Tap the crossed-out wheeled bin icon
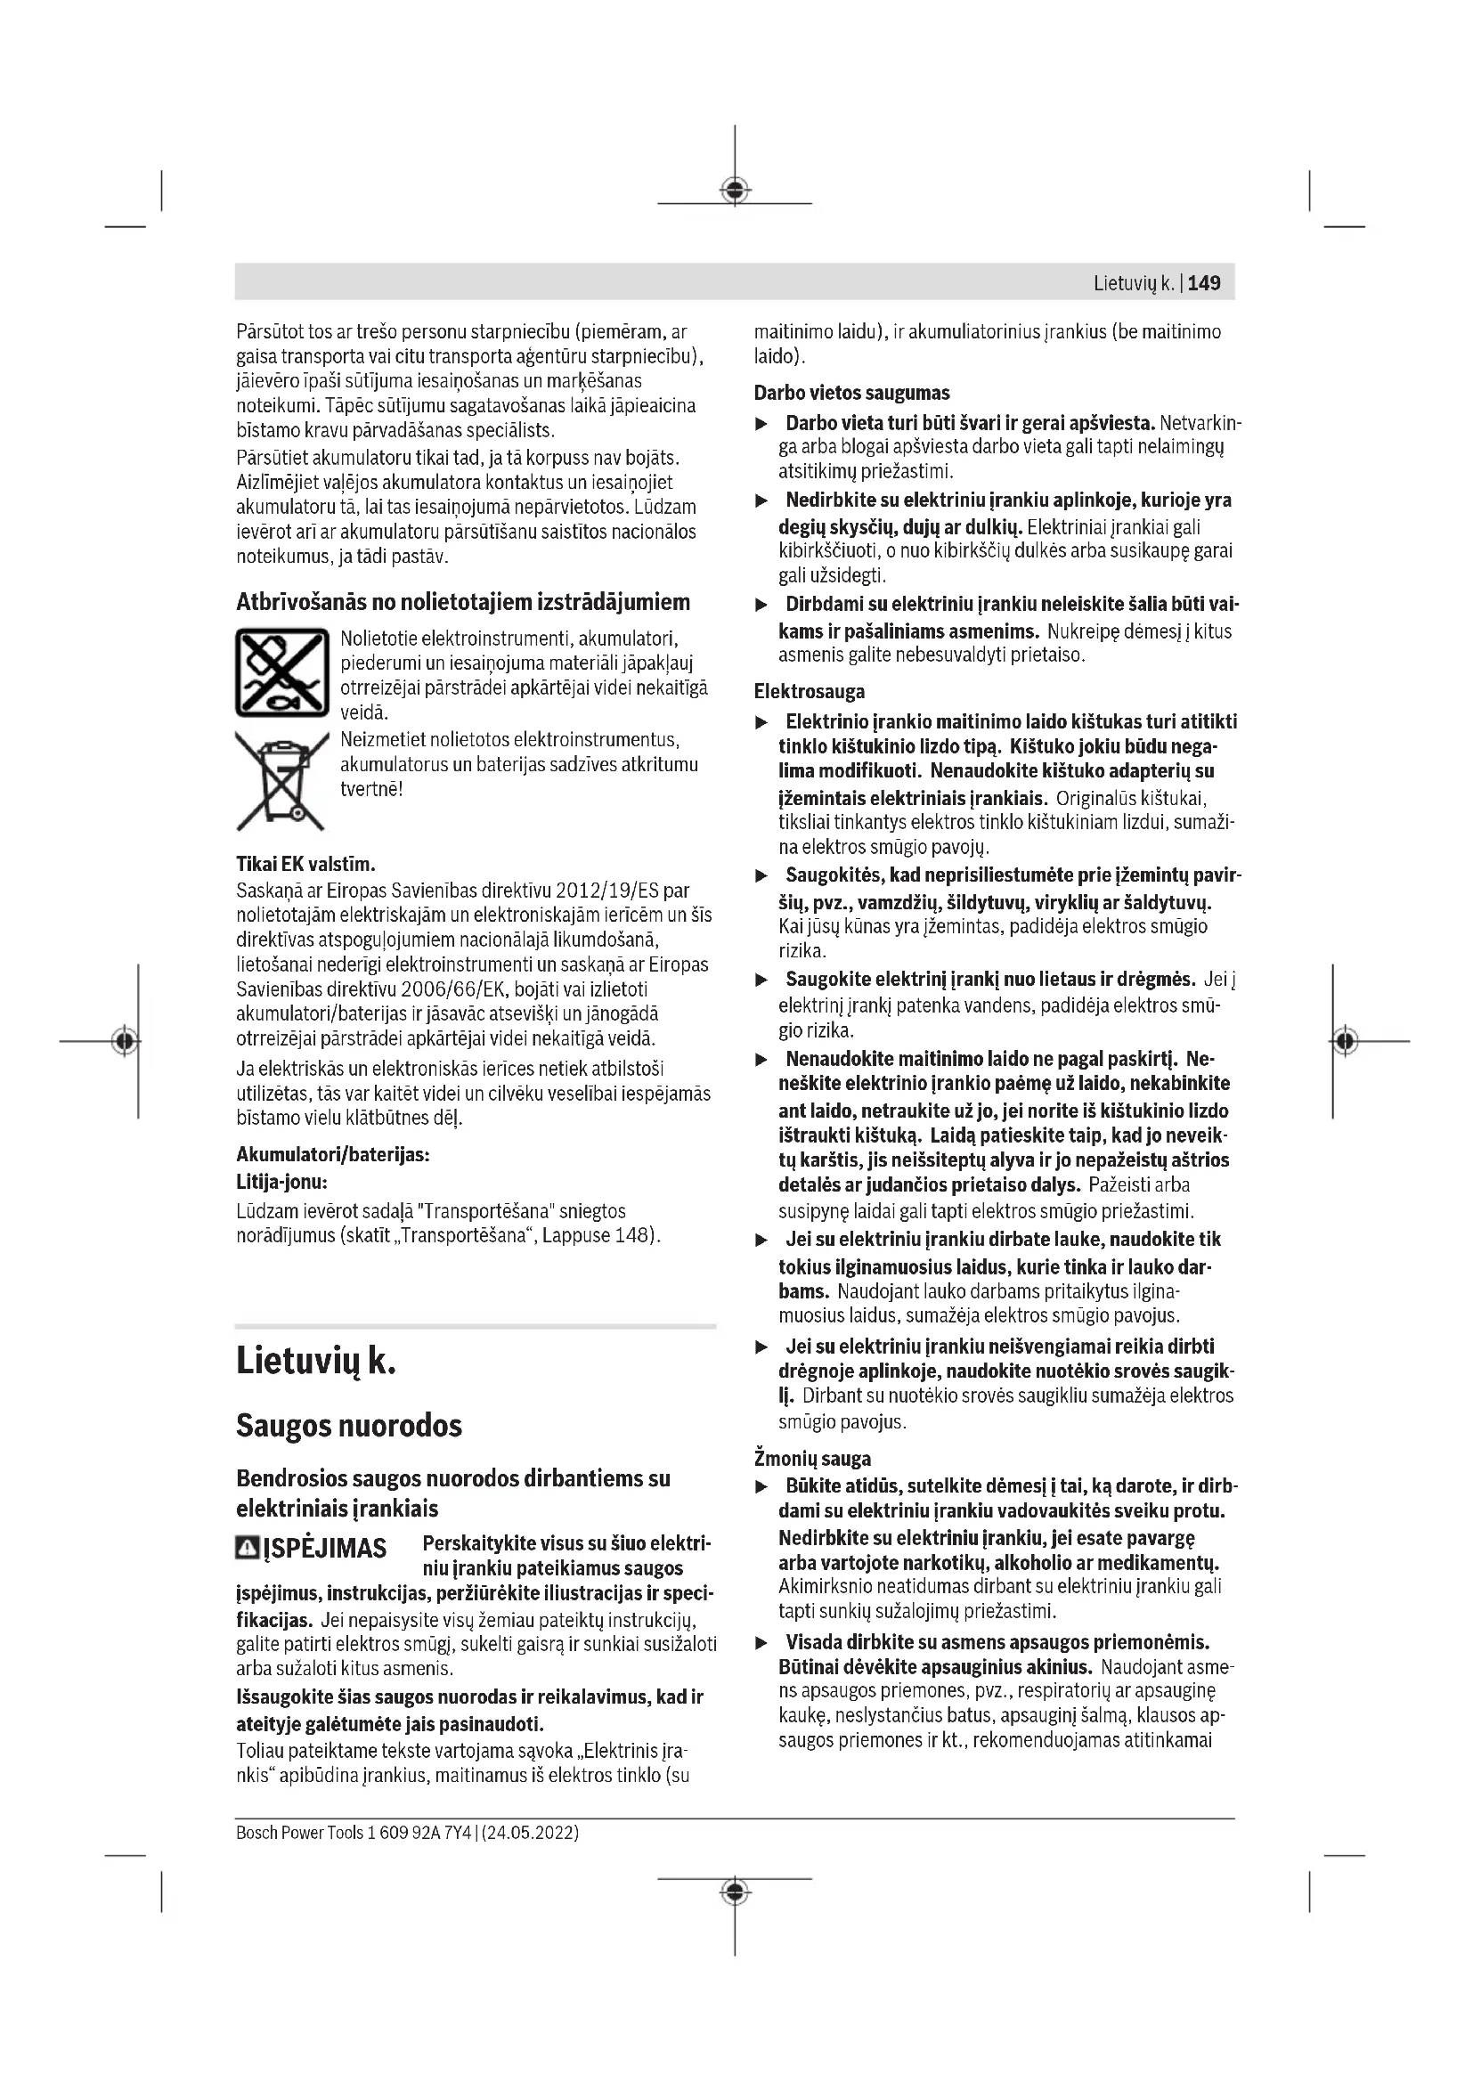tap(281, 779)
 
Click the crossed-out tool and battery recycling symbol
tap(281, 672)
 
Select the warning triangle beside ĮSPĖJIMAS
tap(247, 1547)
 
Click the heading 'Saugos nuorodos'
tap(349, 1426)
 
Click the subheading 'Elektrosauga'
tap(809, 691)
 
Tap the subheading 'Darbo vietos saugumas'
tap(851, 393)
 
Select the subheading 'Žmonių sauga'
tap(813, 1459)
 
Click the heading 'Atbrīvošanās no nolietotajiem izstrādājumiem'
tap(462, 602)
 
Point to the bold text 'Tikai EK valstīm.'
tap(305, 863)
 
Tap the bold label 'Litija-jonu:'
tap(281, 1182)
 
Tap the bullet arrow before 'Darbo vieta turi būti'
tap(763, 424)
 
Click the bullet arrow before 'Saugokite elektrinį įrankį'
tap(763, 980)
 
